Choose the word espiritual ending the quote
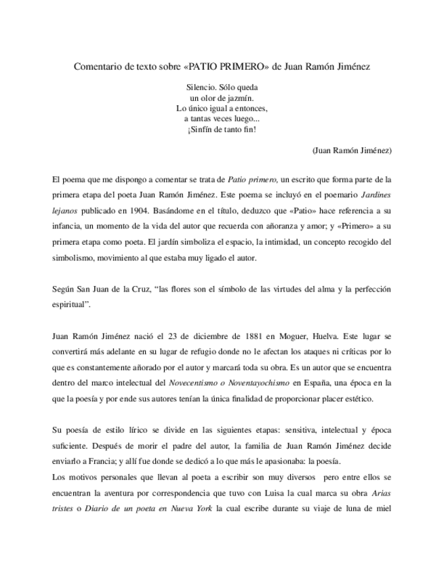point(70,304)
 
